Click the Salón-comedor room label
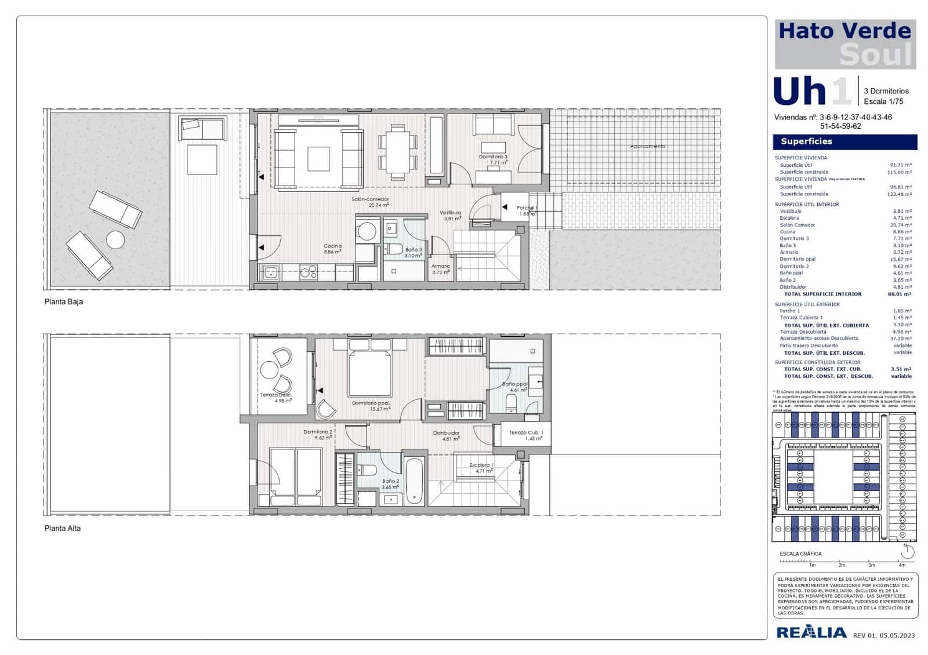pos(370,199)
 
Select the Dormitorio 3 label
pos(493,157)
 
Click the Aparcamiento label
pos(647,147)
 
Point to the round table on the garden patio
pos(115,239)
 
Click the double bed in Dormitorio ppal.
pos(370,371)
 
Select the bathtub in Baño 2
pos(414,481)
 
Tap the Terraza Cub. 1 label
pos(526,433)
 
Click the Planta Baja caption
pos(64,301)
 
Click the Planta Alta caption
pos(63,528)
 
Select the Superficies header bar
pos(844,141)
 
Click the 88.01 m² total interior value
pos(899,294)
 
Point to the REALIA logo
pos(811,632)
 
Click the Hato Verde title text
pos(844,31)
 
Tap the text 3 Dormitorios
pos(886,91)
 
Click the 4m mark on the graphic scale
pos(901,565)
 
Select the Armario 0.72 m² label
pos(441,269)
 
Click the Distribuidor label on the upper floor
pos(446,433)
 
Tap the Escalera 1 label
pos(481,465)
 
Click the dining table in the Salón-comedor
pos(398,151)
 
